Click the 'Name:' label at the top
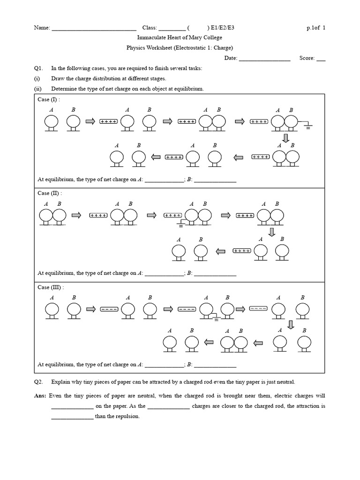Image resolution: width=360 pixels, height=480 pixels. pos(42,28)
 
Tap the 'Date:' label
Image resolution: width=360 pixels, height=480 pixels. pos(231,59)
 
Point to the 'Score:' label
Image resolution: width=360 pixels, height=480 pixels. pos(307,59)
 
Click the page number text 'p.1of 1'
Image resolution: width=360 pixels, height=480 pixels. pos(316,28)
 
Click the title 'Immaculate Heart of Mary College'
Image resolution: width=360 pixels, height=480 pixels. pos(180,37)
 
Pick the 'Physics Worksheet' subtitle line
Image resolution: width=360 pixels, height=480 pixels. pos(180,48)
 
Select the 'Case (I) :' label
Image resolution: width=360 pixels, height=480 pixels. pos(49,99)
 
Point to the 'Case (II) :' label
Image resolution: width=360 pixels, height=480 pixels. pos(50,193)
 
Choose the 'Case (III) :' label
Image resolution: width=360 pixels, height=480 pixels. pos(51,287)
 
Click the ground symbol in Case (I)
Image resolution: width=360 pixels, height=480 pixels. pos(307,126)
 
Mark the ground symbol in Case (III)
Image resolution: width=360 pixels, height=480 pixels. pos(217,319)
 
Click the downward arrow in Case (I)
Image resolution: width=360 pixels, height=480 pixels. pos(285,138)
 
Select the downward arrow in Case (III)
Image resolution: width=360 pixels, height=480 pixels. pos(291,324)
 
